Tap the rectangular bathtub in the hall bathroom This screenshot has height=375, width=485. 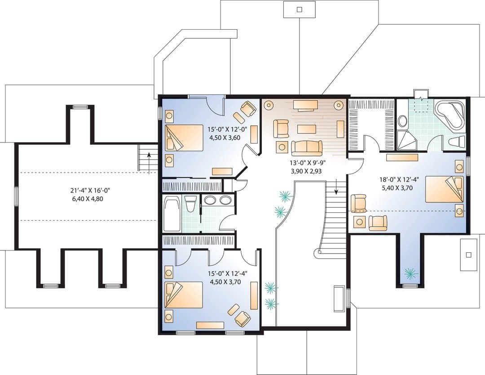tap(172, 214)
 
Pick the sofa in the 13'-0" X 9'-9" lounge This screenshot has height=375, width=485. tap(307, 148)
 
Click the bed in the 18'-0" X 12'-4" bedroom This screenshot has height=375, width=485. tap(444, 189)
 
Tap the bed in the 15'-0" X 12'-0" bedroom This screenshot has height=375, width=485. tap(184, 138)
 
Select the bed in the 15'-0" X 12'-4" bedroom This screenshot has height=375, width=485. tap(184, 295)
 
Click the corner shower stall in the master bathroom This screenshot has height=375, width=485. tap(406, 140)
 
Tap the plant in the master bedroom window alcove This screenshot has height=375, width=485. tap(410, 272)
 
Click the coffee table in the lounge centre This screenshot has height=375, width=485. tap(306, 129)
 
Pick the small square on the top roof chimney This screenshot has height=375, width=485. tap(299, 9)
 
